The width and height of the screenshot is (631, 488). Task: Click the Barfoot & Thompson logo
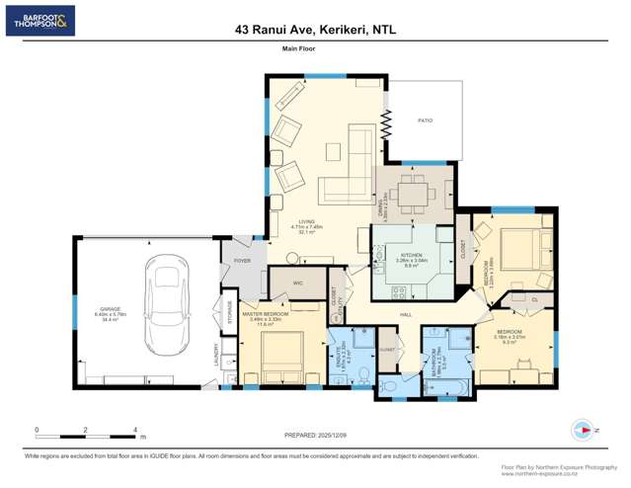(x=39, y=21)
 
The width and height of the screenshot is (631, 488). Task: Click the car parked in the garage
(x=166, y=305)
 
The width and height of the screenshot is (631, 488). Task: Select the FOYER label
(x=242, y=261)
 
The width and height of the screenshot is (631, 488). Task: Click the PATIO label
(x=425, y=121)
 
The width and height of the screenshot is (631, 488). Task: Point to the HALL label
(x=405, y=314)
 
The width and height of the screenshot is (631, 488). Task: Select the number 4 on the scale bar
(x=134, y=430)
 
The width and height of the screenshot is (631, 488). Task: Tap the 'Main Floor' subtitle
(x=296, y=47)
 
